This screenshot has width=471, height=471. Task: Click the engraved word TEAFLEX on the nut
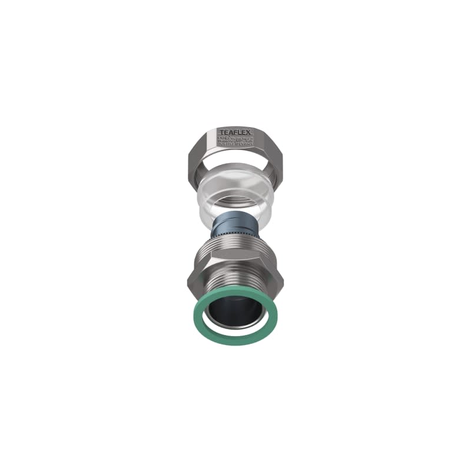(x=235, y=131)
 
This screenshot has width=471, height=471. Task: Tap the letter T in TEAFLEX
(x=221, y=131)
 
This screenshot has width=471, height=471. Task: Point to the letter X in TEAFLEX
(x=250, y=131)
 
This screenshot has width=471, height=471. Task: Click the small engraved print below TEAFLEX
(x=235, y=142)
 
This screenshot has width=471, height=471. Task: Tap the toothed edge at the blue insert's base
(x=235, y=236)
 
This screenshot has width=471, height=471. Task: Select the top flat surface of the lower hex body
(x=235, y=259)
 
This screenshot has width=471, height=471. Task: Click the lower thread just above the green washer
(x=235, y=290)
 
